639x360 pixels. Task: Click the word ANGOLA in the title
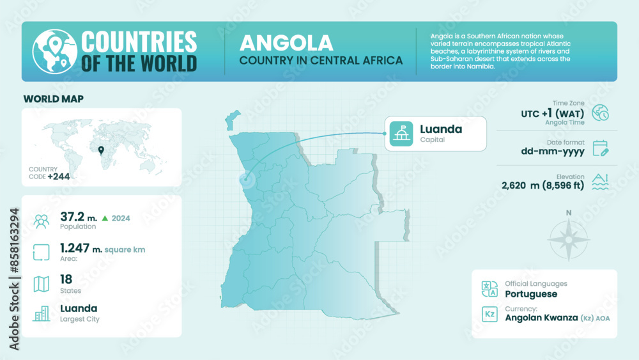[286, 43]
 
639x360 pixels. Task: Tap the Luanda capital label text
[440, 129]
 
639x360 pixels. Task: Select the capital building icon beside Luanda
[401, 133]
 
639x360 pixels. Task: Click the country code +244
[58, 176]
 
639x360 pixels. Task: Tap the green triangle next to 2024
[105, 218]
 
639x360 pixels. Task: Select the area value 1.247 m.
[80, 248]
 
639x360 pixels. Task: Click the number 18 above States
[66, 279]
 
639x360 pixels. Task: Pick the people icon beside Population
[42, 221]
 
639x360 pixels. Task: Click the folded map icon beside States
[42, 283]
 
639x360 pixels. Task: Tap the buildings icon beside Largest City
[42, 313]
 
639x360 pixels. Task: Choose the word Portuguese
[530, 294]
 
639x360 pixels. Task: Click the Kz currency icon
[489, 314]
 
